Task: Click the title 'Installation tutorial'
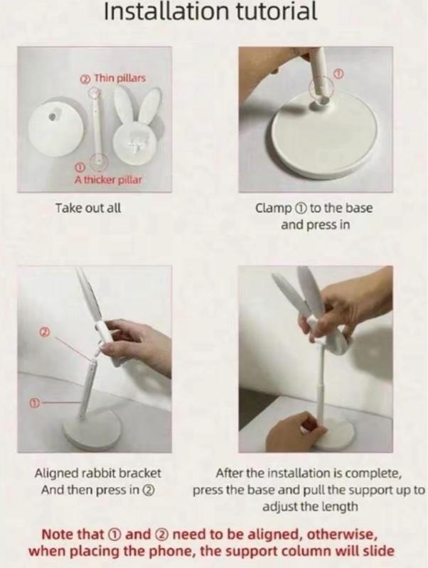[x=210, y=11]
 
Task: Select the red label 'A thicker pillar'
[x=108, y=180]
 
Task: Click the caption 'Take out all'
[x=88, y=208]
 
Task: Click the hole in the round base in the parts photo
[x=54, y=116]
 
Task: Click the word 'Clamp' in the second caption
[x=274, y=208]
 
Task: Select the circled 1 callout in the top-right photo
[x=338, y=75]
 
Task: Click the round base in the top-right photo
[x=323, y=139]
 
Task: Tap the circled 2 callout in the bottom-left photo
[x=44, y=331]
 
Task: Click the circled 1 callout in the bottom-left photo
[x=33, y=403]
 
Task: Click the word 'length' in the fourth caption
[x=340, y=506]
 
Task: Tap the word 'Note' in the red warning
[x=58, y=535]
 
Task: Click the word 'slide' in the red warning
[x=378, y=551]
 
